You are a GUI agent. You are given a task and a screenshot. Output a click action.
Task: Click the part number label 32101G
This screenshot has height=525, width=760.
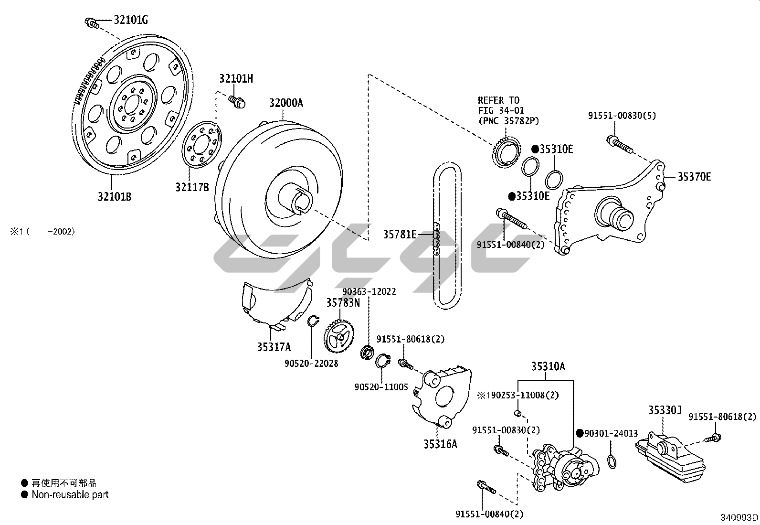(130, 20)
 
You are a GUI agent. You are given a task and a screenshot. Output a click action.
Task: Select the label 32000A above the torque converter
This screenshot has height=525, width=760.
(285, 103)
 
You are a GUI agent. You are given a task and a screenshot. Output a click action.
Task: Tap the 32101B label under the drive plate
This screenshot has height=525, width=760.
(115, 196)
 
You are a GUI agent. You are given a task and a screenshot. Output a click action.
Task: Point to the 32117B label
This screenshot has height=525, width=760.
(192, 187)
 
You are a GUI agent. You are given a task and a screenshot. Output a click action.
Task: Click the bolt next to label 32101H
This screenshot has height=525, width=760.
(236, 101)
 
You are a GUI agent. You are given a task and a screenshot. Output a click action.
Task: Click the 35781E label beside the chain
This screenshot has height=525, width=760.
(400, 234)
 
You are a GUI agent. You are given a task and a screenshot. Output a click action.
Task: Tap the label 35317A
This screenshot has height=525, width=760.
(274, 347)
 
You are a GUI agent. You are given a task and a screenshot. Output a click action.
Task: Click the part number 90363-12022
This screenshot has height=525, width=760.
(369, 291)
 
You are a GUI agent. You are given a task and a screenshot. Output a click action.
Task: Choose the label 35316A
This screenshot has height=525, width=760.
(440, 444)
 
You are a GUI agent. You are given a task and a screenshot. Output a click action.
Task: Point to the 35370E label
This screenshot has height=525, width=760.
(695, 177)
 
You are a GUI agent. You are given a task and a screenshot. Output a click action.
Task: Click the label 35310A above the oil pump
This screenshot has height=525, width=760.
(548, 366)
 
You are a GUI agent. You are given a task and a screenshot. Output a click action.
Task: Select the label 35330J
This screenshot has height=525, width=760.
(665, 410)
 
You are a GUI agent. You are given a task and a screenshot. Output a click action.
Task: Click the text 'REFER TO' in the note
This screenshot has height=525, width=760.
(498, 100)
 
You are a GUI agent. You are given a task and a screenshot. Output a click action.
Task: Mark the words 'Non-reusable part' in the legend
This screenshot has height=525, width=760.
(70, 495)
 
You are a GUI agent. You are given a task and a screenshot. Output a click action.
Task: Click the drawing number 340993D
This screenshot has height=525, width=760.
(739, 517)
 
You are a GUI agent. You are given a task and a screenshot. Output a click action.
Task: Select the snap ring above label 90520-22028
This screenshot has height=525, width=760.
(312, 321)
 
